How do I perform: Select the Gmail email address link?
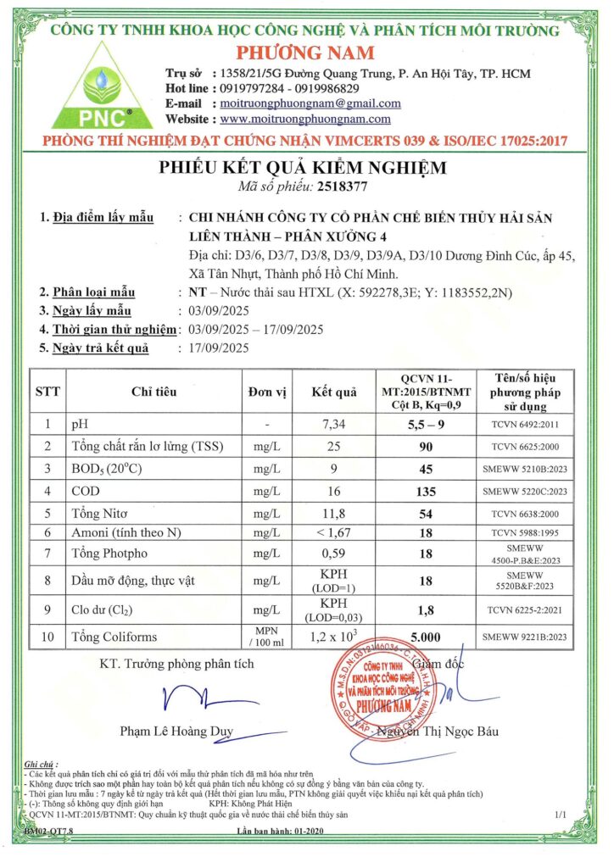310,103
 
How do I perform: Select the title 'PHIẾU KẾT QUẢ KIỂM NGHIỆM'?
307,166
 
